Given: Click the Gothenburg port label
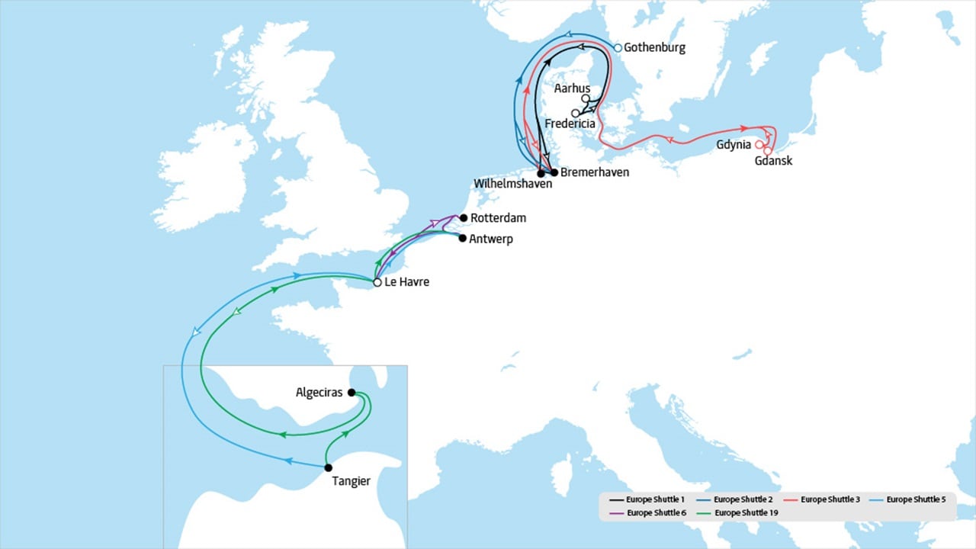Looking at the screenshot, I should (654, 48).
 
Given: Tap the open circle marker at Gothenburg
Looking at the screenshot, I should (618, 47).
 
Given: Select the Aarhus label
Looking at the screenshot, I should (572, 88).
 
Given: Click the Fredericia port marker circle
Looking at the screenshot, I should (575, 113).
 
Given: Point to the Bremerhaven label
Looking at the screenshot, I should (595, 173).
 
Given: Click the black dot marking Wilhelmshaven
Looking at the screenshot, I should (541, 173).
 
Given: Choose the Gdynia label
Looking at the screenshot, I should (734, 145).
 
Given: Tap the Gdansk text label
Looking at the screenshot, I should (773, 161).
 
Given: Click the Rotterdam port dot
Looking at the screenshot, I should (463, 218).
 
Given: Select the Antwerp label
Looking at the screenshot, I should (492, 239).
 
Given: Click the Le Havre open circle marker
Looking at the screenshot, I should (377, 283).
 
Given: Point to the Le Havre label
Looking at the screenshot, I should (407, 283).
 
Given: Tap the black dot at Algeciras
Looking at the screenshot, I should (351, 393).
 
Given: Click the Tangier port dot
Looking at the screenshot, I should (328, 467).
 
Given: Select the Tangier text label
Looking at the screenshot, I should (352, 481).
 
